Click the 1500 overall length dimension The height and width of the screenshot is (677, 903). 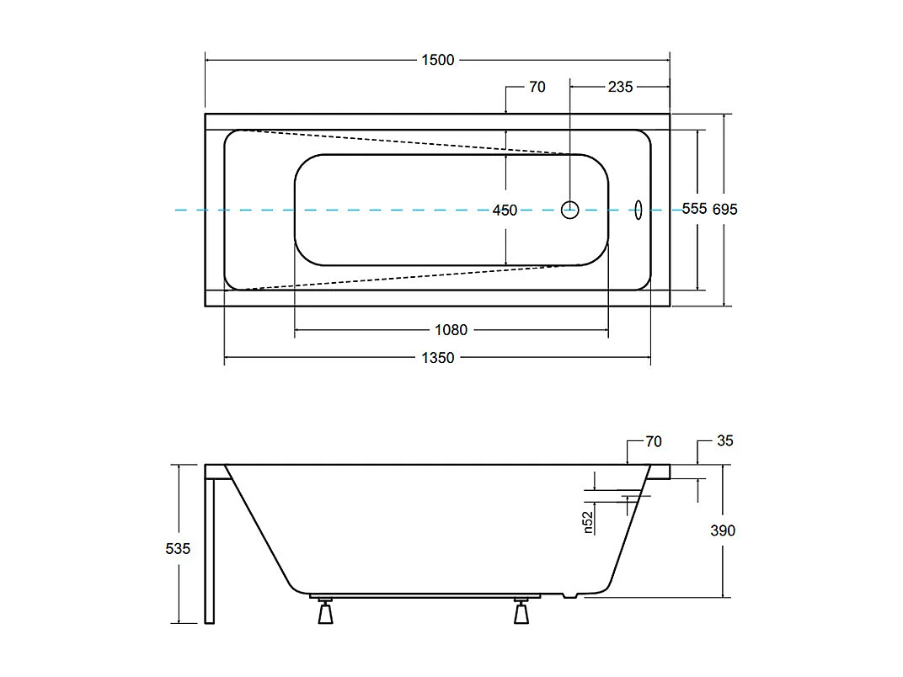point(437,60)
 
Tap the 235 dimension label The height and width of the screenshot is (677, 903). point(620,87)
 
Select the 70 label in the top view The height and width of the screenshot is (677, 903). point(537,87)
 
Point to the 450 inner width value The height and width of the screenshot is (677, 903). point(505,211)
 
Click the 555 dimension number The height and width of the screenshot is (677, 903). point(694,210)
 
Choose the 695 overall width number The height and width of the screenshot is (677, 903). point(724,210)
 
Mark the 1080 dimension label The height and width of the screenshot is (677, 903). point(451,330)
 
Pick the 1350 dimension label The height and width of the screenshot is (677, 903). point(437,358)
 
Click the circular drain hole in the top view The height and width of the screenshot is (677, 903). point(570,210)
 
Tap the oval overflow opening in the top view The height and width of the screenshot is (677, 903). point(638,210)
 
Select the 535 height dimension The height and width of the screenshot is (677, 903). point(178,549)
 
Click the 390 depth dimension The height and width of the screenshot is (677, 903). point(723,530)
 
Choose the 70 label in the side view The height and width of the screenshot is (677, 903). point(653,441)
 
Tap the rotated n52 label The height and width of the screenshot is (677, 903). point(588,522)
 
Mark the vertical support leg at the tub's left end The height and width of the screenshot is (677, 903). point(210,552)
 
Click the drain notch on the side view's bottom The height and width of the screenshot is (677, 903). point(573,596)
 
